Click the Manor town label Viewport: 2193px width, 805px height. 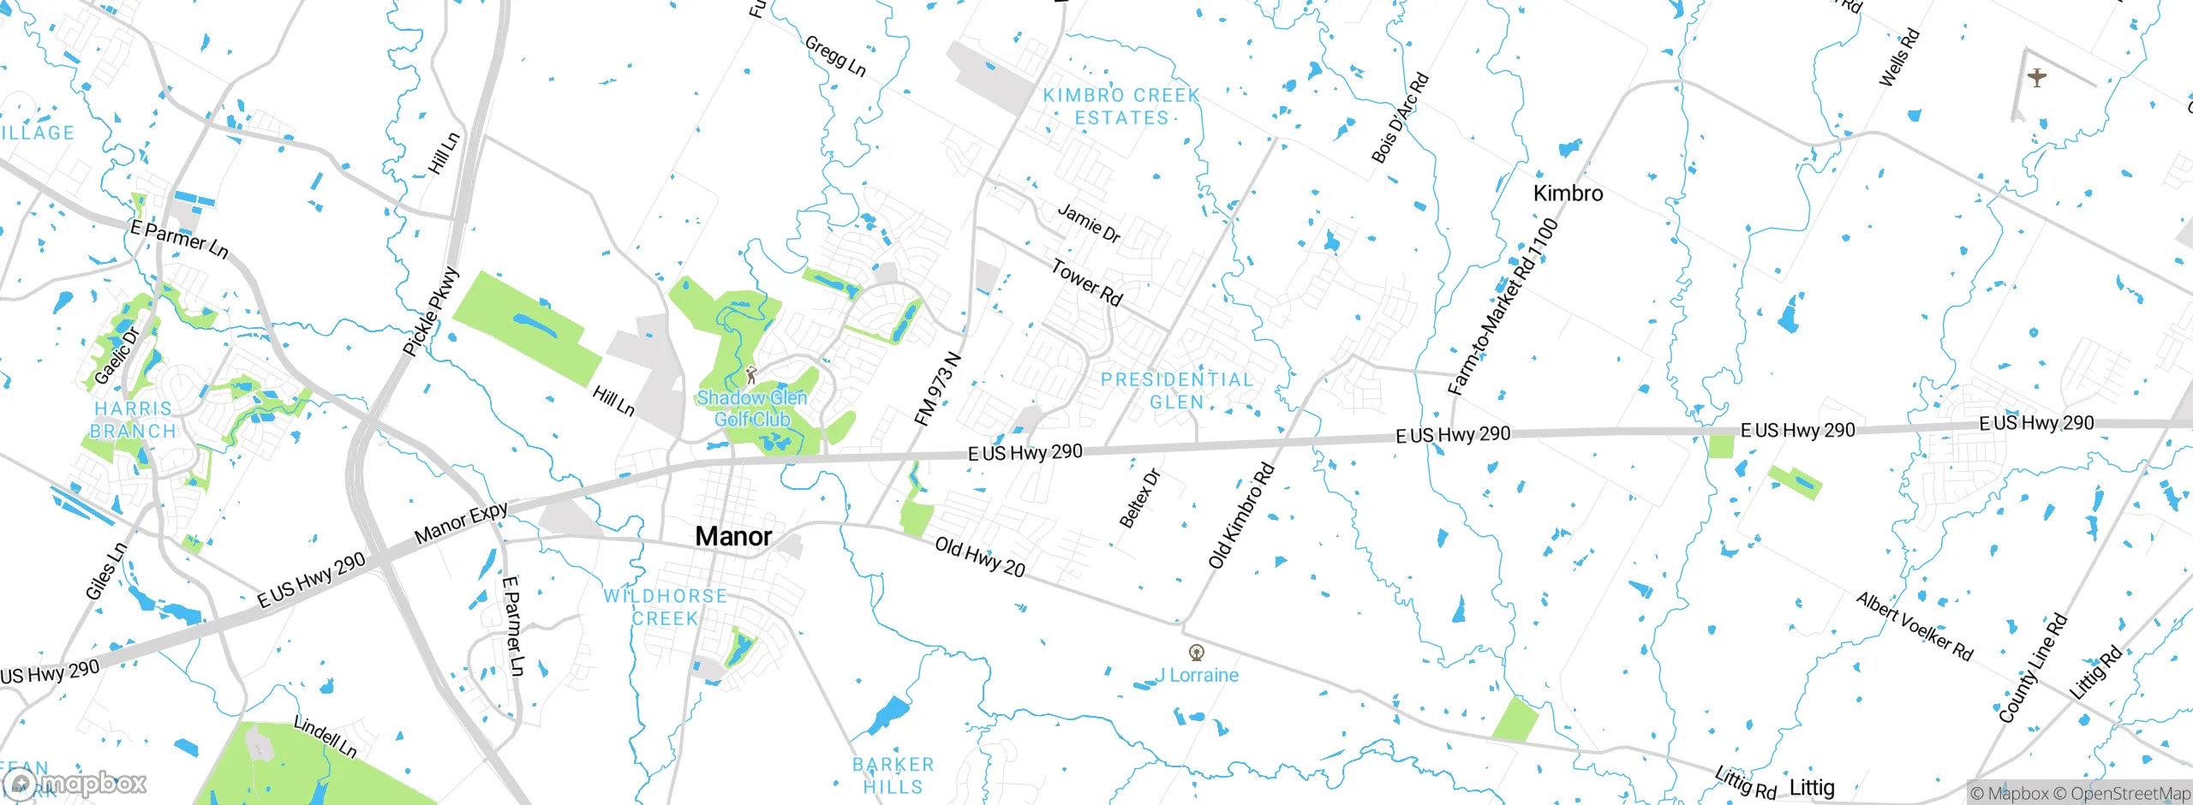point(733,536)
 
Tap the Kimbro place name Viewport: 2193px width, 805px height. point(1568,194)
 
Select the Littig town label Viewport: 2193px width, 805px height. point(1812,787)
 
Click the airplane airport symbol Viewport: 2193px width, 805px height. point(2037,78)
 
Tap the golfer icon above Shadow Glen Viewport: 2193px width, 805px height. point(751,375)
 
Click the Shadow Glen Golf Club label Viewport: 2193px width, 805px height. point(752,408)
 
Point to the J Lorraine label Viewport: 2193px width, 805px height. point(1197,675)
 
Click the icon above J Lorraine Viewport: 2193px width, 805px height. point(1197,653)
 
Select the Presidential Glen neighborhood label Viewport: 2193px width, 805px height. point(1176,391)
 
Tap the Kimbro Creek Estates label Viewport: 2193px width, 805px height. point(1121,107)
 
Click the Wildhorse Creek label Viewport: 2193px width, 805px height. point(666,606)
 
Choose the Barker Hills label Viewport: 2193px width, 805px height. point(893,775)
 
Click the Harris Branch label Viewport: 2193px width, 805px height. point(133,420)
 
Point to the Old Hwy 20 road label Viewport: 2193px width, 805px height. point(979,558)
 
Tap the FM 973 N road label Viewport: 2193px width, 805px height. point(937,389)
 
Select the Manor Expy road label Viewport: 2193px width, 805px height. point(461,523)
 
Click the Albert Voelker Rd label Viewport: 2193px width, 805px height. point(1915,627)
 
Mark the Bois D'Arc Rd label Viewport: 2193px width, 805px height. point(1400,118)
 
